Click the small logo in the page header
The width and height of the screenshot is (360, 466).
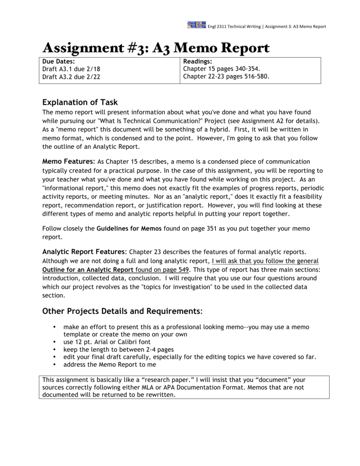pos(196,25)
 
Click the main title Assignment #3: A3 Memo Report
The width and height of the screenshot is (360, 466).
pos(156,48)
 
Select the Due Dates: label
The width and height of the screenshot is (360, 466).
pos(58,61)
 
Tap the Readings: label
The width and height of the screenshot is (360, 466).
pos(198,61)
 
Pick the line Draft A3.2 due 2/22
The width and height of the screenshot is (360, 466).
pos(71,77)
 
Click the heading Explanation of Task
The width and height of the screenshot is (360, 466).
pos(80,102)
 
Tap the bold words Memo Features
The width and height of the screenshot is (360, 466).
pos(68,162)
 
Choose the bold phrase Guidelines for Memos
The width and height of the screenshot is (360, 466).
pos(129,228)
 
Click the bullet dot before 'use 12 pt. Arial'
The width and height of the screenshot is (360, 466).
pos(55,342)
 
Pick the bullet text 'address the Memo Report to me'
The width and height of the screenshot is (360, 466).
pos(110,365)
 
